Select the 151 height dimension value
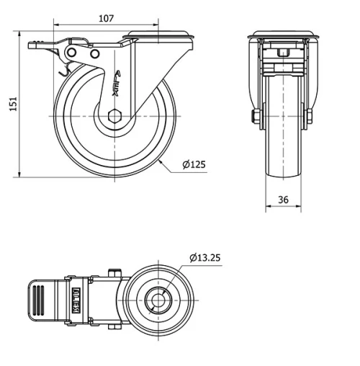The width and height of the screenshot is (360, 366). coord(10,104)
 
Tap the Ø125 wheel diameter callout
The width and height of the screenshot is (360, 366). coord(194,164)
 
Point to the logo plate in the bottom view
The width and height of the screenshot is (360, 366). coord(76,297)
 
